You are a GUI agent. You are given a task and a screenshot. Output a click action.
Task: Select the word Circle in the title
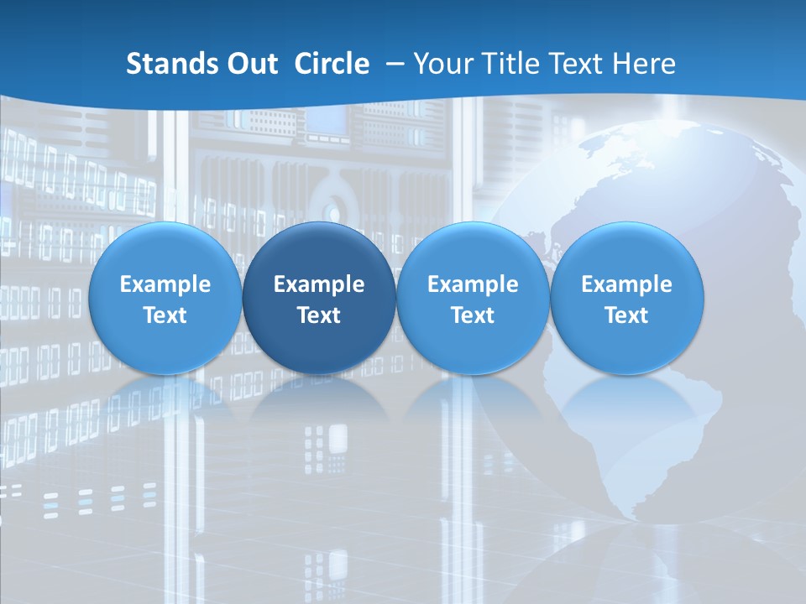[x=332, y=64]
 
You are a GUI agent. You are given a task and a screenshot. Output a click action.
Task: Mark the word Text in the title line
[x=577, y=64]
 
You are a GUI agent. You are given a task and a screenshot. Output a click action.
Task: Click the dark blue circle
[x=319, y=299]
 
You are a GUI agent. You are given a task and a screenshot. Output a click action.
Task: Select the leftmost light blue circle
[x=165, y=299]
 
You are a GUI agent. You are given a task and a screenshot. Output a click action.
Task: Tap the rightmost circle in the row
[x=627, y=299]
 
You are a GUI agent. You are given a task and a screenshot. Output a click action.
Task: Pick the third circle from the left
[x=473, y=299]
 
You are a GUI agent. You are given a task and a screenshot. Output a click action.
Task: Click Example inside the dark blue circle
[x=319, y=284]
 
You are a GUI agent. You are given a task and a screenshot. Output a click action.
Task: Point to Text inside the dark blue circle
[x=319, y=315]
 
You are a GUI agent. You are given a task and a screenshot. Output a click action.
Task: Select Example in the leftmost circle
[x=165, y=284]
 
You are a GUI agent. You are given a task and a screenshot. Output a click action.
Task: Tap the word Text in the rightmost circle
[x=627, y=315]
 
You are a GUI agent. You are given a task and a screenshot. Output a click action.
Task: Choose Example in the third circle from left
[x=473, y=284]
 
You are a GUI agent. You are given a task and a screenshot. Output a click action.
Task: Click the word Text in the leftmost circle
[x=165, y=315]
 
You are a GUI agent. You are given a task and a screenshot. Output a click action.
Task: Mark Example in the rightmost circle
[x=627, y=284]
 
